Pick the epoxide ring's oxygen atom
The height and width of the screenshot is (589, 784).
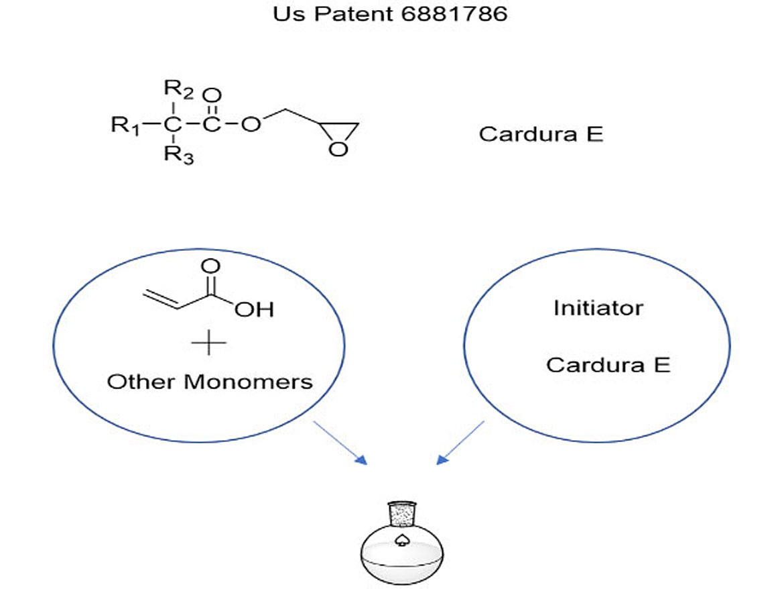point(339,148)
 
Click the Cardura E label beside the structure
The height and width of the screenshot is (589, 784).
point(541,134)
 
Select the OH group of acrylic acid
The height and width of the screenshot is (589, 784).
point(255,310)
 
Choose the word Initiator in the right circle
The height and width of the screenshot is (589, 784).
point(598,308)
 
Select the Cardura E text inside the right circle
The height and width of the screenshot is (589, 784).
point(608,365)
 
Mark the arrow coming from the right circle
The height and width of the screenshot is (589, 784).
point(460,442)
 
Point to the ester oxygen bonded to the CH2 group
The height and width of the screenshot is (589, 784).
point(251,125)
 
